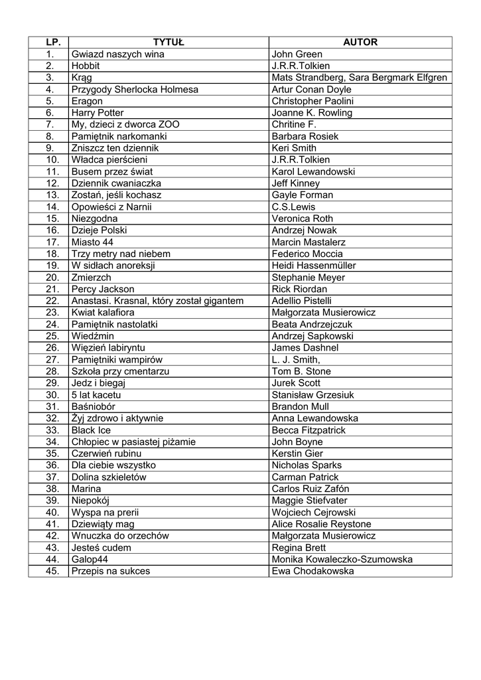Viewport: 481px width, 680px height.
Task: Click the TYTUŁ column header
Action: [x=169, y=42]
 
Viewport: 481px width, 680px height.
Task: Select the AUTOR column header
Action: [x=360, y=42]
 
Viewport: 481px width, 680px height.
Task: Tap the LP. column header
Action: [x=48, y=42]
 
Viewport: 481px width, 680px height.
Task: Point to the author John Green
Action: [x=297, y=54]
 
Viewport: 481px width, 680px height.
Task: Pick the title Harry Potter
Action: [x=98, y=113]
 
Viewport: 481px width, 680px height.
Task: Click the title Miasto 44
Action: [x=92, y=242]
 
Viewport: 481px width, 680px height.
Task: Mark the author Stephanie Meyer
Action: [x=309, y=278]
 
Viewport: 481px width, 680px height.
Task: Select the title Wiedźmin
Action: [x=94, y=336]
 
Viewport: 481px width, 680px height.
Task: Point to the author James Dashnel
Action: [x=305, y=348]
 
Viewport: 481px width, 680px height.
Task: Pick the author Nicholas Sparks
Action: [x=308, y=466]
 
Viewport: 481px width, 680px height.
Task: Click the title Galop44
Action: [x=90, y=560]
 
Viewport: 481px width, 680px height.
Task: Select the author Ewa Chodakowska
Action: [x=312, y=571]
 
